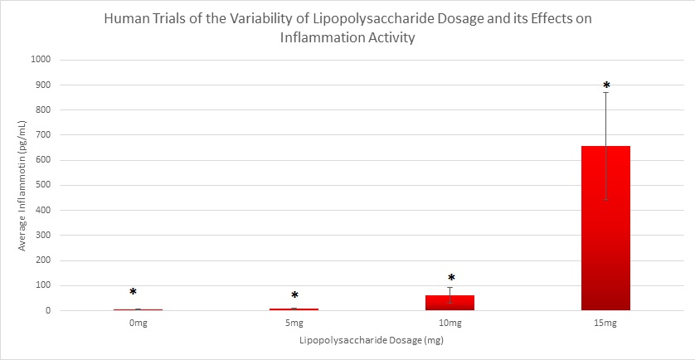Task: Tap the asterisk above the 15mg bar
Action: click(x=606, y=85)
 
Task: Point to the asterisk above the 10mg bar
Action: click(x=451, y=278)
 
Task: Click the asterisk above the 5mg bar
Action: click(x=294, y=295)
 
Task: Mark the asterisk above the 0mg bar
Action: click(x=133, y=292)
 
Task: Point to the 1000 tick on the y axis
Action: click(x=41, y=60)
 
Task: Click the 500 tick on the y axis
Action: click(x=43, y=185)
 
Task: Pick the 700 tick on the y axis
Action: click(x=43, y=135)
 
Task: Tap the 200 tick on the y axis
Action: click(x=43, y=260)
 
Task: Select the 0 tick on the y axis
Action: click(x=48, y=311)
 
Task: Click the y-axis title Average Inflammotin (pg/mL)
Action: click(x=22, y=186)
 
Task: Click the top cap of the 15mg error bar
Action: click(x=606, y=92)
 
